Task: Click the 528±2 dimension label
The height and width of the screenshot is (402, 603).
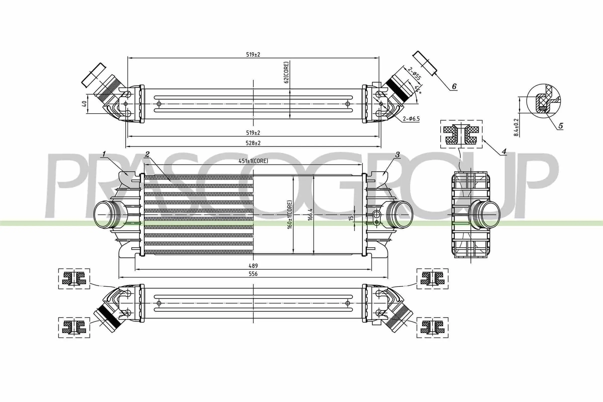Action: click(x=253, y=143)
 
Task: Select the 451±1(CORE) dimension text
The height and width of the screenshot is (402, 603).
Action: click(x=253, y=161)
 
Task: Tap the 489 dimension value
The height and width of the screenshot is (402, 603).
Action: click(x=253, y=266)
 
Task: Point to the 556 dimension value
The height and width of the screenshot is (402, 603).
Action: click(x=253, y=274)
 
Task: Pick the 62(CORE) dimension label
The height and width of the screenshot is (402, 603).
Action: click(x=286, y=72)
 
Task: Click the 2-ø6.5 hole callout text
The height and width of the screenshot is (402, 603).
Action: click(x=411, y=119)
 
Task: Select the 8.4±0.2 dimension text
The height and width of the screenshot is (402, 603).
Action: click(x=516, y=127)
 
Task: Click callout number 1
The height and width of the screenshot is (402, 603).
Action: click(x=104, y=154)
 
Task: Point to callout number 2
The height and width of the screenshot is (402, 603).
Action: click(x=147, y=154)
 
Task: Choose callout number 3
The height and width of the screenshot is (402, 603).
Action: click(x=397, y=155)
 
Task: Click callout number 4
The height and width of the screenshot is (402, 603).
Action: click(x=504, y=152)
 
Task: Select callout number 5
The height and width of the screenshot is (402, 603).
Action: click(x=561, y=126)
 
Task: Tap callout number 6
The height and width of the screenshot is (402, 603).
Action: click(x=454, y=86)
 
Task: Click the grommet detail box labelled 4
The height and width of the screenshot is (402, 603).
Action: click(x=461, y=134)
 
